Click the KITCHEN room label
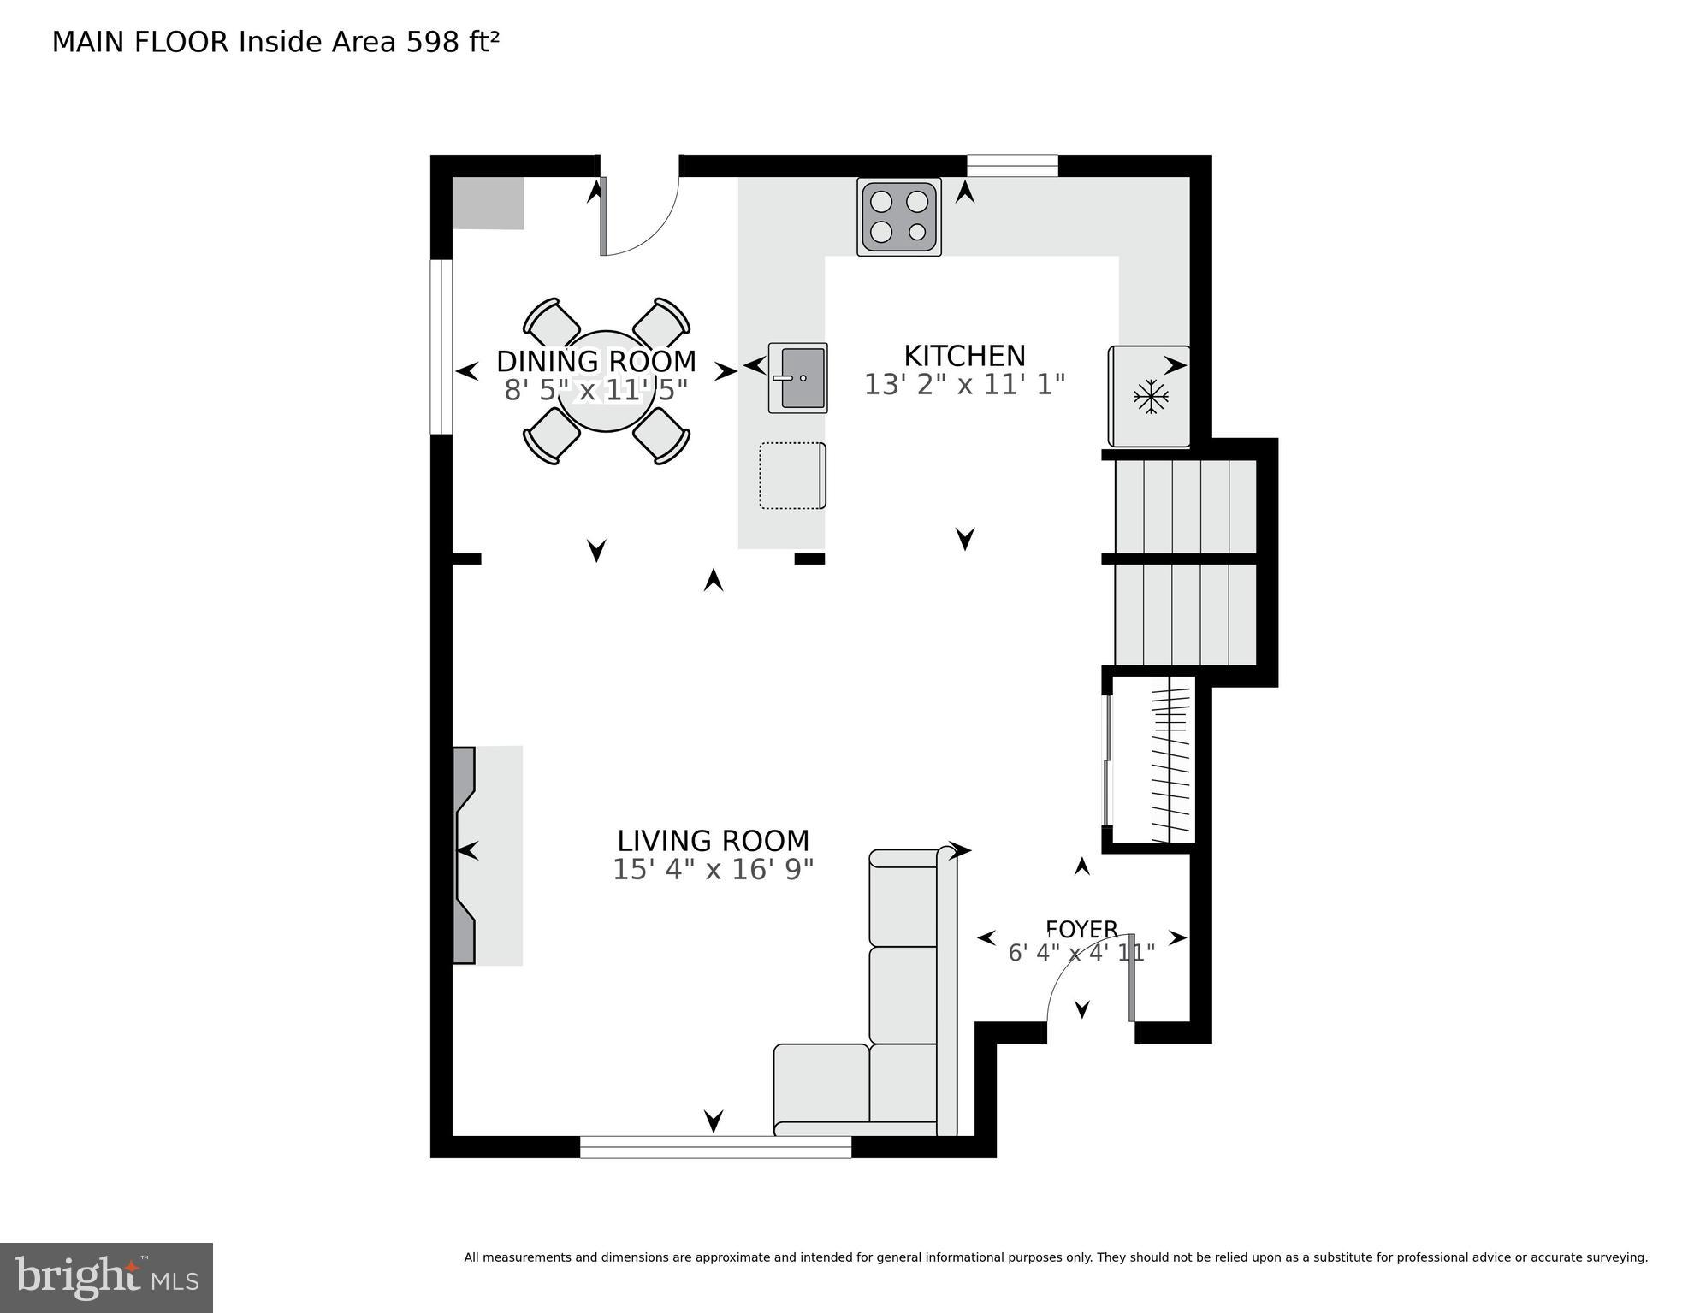tap(964, 356)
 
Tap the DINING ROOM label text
tap(596, 362)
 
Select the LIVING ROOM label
tap(713, 841)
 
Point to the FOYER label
tap(1081, 929)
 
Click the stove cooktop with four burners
tap(898, 216)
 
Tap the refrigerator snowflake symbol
tap(1151, 397)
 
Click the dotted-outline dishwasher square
tap(791, 476)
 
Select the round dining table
tap(606, 381)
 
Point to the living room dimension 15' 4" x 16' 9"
tap(713, 870)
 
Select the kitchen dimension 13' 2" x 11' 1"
tap(964, 385)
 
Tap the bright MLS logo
tap(106, 1277)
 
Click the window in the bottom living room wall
tap(715, 1146)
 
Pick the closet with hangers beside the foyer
tap(1155, 760)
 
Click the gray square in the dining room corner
tap(488, 204)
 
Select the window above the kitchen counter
tap(1012, 166)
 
